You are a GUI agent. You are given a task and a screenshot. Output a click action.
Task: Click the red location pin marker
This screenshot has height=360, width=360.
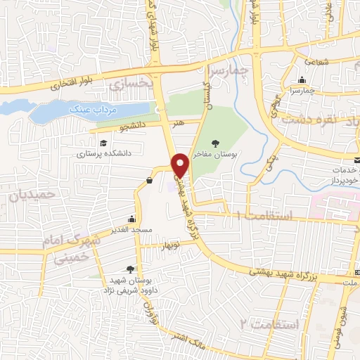click(x=181, y=165)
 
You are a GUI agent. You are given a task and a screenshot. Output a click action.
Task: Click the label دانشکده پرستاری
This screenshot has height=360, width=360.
click(x=103, y=153)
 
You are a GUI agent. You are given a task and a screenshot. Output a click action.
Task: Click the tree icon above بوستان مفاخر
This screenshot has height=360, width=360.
click(x=214, y=143)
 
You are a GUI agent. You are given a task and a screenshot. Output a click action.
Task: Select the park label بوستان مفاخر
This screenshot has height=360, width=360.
click(x=215, y=153)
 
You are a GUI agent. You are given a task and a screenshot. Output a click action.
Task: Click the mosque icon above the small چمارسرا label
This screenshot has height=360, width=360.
click(x=303, y=79)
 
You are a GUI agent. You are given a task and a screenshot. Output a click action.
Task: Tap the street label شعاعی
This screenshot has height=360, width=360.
click(x=316, y=61)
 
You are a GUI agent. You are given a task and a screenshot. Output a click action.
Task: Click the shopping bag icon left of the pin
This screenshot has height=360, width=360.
click(x=150, y=181)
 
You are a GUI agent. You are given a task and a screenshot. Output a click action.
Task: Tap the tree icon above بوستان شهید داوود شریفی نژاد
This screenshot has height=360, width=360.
click(x=130, y=269)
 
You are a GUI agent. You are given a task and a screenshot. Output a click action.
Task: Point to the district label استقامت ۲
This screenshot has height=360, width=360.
click(x=270, y=325)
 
